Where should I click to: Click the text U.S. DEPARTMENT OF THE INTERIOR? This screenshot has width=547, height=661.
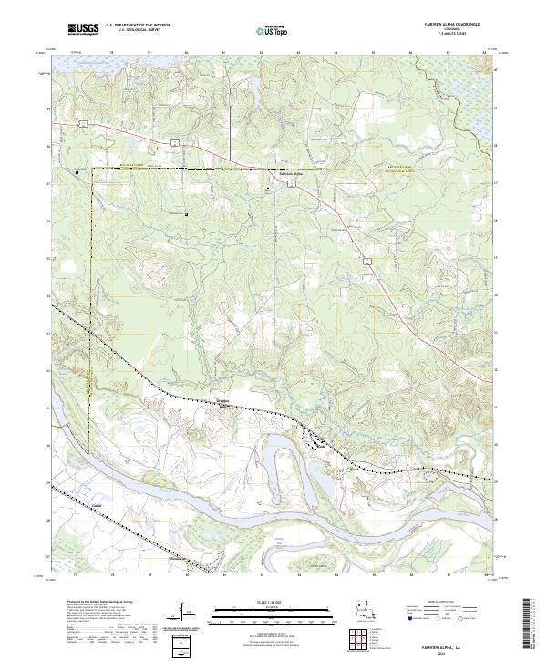coord(138,26)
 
